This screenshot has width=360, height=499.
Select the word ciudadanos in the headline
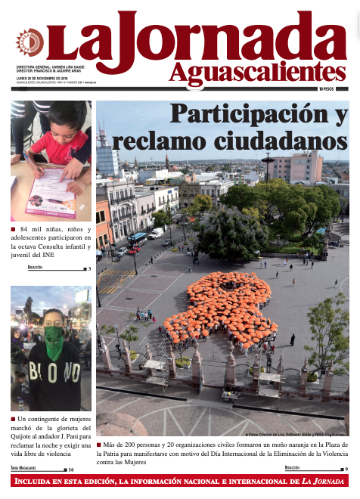click(288, 141)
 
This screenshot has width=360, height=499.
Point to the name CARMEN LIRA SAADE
click(82, 67)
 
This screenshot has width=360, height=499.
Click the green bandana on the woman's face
click(54, 344)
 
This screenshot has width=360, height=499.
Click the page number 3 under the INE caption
click(89, 268)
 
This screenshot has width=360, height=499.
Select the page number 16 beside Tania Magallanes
click(71, 470)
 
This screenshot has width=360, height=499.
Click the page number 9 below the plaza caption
click(346, 470)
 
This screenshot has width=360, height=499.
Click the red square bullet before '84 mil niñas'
click(13, 228)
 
